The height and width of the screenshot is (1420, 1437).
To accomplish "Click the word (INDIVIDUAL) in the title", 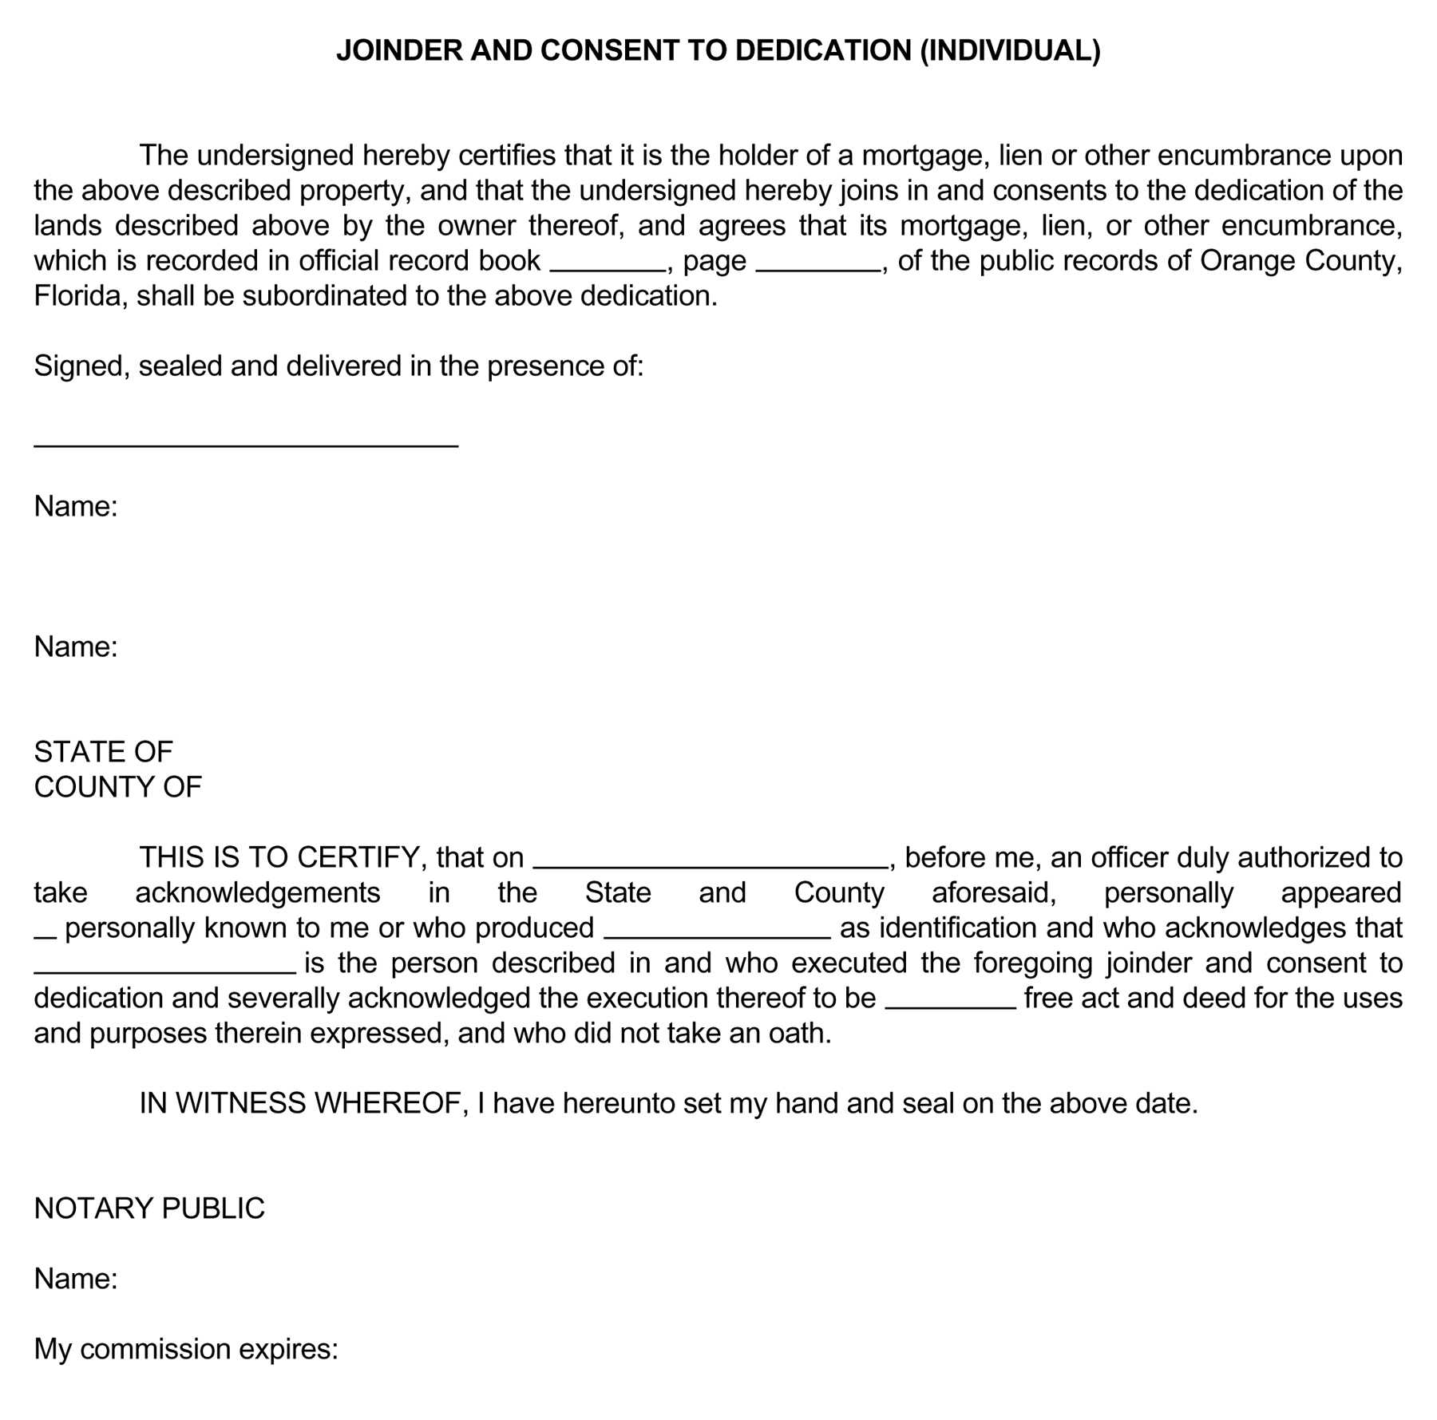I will [1010, 50].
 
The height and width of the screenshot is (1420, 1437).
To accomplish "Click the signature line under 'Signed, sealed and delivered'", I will [246, 445].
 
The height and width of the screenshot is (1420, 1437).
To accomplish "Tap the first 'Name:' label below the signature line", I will [76, 506].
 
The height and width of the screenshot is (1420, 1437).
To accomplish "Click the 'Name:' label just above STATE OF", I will [76, 647].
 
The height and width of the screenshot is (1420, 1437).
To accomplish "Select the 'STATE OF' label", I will [103, 752].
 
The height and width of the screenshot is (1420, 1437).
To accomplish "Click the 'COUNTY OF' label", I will [118, 787].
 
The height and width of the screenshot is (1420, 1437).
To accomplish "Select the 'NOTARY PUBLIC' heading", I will [149, 1208].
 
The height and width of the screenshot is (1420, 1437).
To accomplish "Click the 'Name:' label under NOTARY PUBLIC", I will [76, 1279].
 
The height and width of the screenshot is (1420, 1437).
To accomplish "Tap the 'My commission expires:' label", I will [186, 1349].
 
